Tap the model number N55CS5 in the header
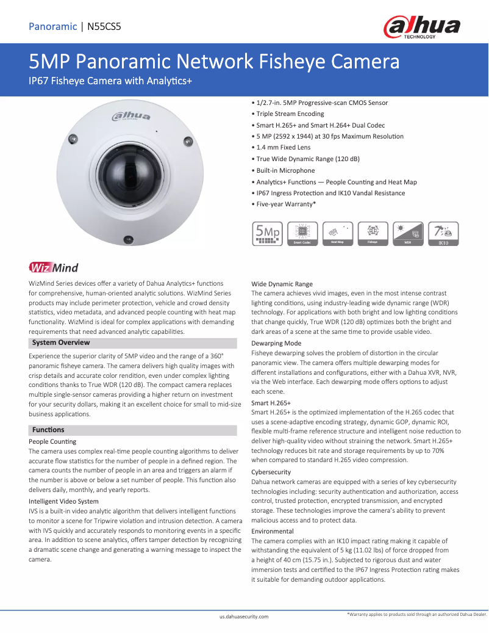click(104, 26)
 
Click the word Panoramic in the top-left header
click(52, 26)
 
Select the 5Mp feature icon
click(267, 234)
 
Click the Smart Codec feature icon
click(302, 234)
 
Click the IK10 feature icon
click(443, 234)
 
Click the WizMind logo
click(53, 267)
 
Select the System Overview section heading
click(61, 342)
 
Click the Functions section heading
click(48, 430)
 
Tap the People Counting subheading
click(52, 441)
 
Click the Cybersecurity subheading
click(271, 472)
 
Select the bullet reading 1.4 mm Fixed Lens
click(280, 148)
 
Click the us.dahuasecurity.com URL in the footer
click(244, 617)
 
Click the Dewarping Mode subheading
click(276, 344)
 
